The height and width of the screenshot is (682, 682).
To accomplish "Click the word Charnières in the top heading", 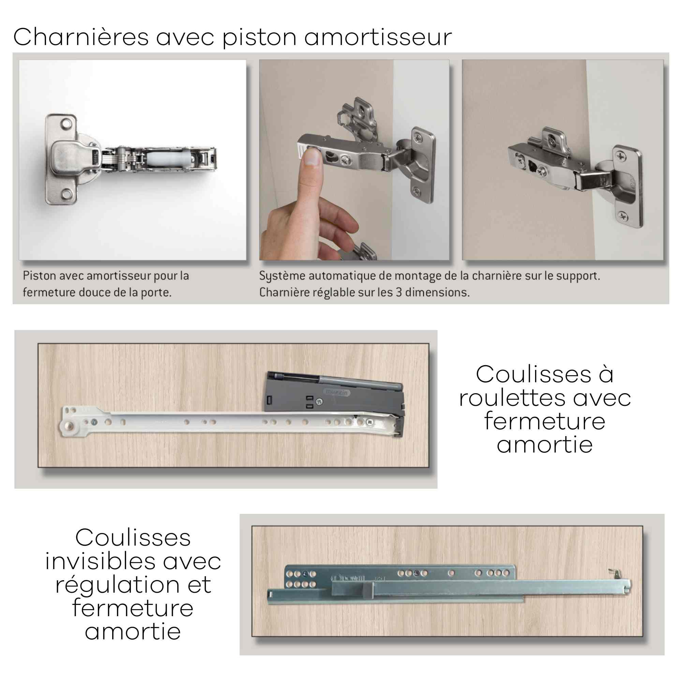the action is tap(81, 37).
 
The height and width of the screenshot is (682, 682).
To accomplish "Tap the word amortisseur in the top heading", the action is tap(378, 37).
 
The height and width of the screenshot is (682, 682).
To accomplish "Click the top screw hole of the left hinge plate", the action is tap(66, 124).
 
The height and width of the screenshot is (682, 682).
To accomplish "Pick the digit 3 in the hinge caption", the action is tap(399, 292).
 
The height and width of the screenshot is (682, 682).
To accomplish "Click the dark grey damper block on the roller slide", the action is tap(335, 391).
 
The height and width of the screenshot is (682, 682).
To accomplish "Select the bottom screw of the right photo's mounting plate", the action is tap(622, 215).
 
